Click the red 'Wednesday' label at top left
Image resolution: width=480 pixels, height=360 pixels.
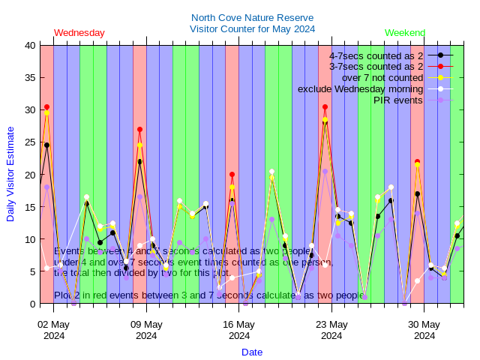click(79, 33)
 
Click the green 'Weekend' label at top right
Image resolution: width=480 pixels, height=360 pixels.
click(405, 33)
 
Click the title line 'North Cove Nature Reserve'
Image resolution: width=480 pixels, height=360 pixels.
click(252, 18)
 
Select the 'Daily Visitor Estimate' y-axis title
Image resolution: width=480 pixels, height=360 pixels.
click(10, 174)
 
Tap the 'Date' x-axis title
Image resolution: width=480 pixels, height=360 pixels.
click(252, 352)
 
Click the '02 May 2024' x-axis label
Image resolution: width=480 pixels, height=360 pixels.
click(54, 330)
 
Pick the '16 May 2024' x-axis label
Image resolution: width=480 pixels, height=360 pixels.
click(239, 330)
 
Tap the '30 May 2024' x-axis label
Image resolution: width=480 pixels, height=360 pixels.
click(424, 330)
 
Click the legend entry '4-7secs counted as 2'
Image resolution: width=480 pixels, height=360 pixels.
click(376, 55)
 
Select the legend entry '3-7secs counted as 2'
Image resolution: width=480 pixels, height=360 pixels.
click(376, 67)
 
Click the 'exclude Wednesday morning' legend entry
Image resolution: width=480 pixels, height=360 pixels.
click(360, 88)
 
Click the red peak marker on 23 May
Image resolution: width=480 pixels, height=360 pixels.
click(325, 107)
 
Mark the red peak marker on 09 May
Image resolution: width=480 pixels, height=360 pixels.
click(139, 130)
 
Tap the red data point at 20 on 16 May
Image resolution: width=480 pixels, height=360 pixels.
click(232, 175)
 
